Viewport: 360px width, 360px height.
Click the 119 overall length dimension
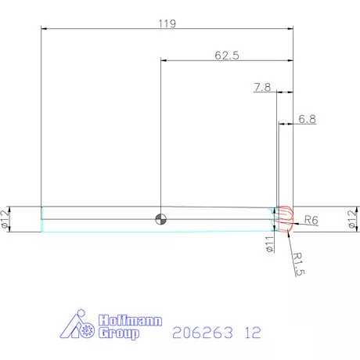pos(166,23)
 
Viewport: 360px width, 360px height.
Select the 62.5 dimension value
pos(226,55)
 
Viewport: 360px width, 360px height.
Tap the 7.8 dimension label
pos(262,88)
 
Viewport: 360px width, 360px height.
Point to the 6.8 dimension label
pos(307,120)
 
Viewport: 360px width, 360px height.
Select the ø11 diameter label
pos(268,244)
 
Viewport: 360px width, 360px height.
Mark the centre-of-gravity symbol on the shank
pos(160,218)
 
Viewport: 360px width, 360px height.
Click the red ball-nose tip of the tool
pos(285,218)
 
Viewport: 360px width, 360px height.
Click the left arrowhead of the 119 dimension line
pos(44,29)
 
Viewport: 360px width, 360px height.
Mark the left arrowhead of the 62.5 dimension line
pos(164,60)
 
